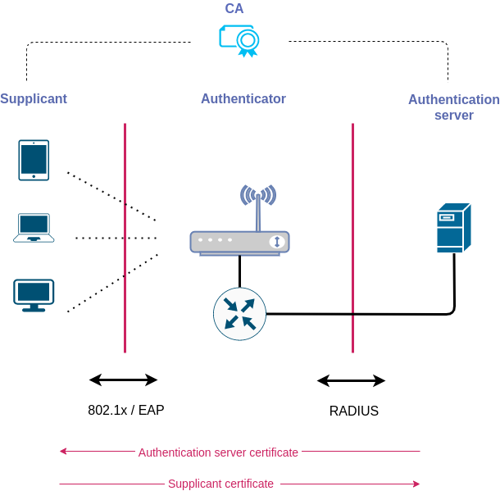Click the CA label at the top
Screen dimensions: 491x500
pyautogui.click(x=234, y=9)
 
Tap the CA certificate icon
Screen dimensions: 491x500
pyautogui.click(x=238, y=39)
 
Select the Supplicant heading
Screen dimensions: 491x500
pyautogui.click(x=34, y=99)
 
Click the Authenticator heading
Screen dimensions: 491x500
pyautogui.click(x=243, y=99)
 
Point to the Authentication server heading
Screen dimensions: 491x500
pyautogui.click(x=453, y=107)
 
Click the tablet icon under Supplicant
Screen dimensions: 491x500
pyautogui.click(x=34, y=160)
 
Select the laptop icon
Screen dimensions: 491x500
pyautogui.click(x=34, y=228)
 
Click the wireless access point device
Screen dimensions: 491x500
pyautogui.click(x=239, y=242)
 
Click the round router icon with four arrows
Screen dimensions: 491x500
pyautogui.click(x=239, y=314)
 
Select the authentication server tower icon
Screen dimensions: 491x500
pyautogui.click(x=453, y=228)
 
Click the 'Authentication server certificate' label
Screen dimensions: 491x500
pyautogui.click(x=219, y=452)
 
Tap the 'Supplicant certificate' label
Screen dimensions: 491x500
pyautogui.click(x=221, y=484)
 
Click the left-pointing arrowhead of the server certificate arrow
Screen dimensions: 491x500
pyautogui.click(x=63, y=451)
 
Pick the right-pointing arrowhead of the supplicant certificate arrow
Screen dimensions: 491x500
pyautogui.click(x=416, y=484)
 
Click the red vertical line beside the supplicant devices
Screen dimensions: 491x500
pyautogui.click(x=125, y=238)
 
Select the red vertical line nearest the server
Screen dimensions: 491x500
pyautogui.click(x=352, y=238)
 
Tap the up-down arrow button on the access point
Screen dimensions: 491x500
pyautogui.click(x=277, y=242)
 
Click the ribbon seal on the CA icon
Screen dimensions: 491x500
pyautogui.click(x=248, y=42)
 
